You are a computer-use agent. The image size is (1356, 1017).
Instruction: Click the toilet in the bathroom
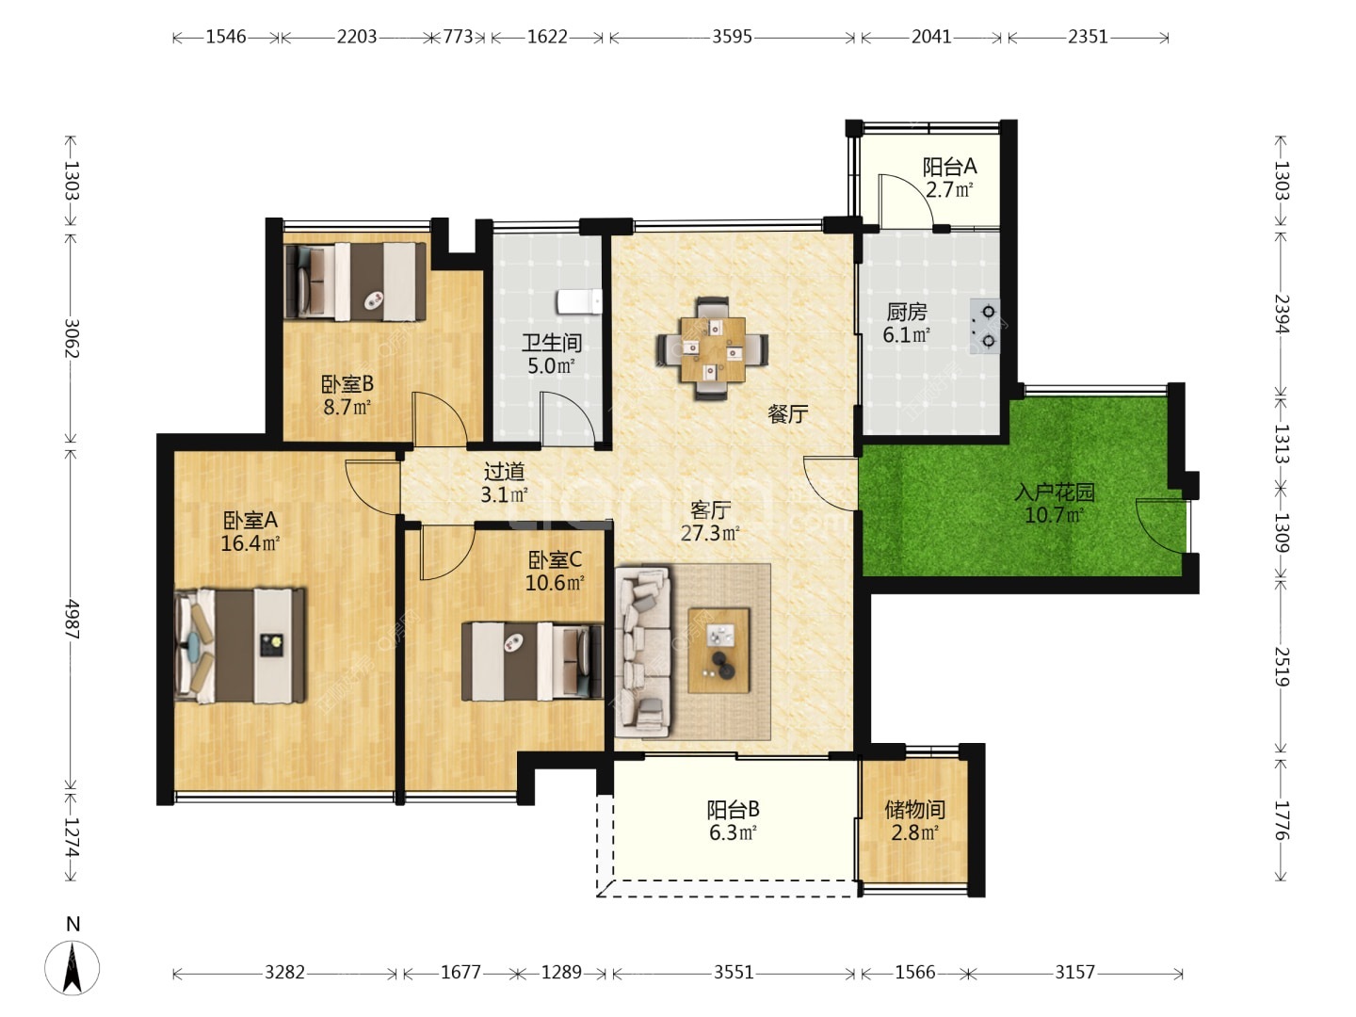coord(579,302)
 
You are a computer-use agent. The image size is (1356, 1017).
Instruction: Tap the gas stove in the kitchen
coord(985,326)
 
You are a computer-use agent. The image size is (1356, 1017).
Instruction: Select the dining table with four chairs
coord(712,348)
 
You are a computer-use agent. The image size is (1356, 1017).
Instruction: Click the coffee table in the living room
coord(718,650)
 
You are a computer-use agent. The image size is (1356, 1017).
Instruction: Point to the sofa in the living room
coord(642,652)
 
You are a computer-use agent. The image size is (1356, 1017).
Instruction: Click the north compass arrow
coord(73,967)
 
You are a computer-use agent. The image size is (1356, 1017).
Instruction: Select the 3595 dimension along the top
coord(732,37)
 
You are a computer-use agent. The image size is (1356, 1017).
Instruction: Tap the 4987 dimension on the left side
coord(72,619)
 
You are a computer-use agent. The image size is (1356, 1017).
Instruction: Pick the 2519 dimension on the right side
coord(1280,667)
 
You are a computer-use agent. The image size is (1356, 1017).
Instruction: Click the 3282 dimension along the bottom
coord(284,973)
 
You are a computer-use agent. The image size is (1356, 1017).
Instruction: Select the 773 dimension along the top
coord(459,37)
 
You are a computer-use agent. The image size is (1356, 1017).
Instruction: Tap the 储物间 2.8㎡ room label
coord(915,820)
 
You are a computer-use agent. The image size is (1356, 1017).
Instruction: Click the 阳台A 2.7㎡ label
coord(949,177)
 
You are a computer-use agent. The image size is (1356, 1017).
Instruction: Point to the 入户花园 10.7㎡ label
coord(1055,503)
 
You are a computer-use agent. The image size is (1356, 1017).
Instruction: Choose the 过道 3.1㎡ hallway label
coord(504,483)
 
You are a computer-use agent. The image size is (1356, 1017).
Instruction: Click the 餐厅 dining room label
coord(787,413)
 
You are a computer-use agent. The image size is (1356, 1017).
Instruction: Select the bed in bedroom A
coord(240,645)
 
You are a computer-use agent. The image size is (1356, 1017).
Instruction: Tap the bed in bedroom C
coord(532,661)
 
